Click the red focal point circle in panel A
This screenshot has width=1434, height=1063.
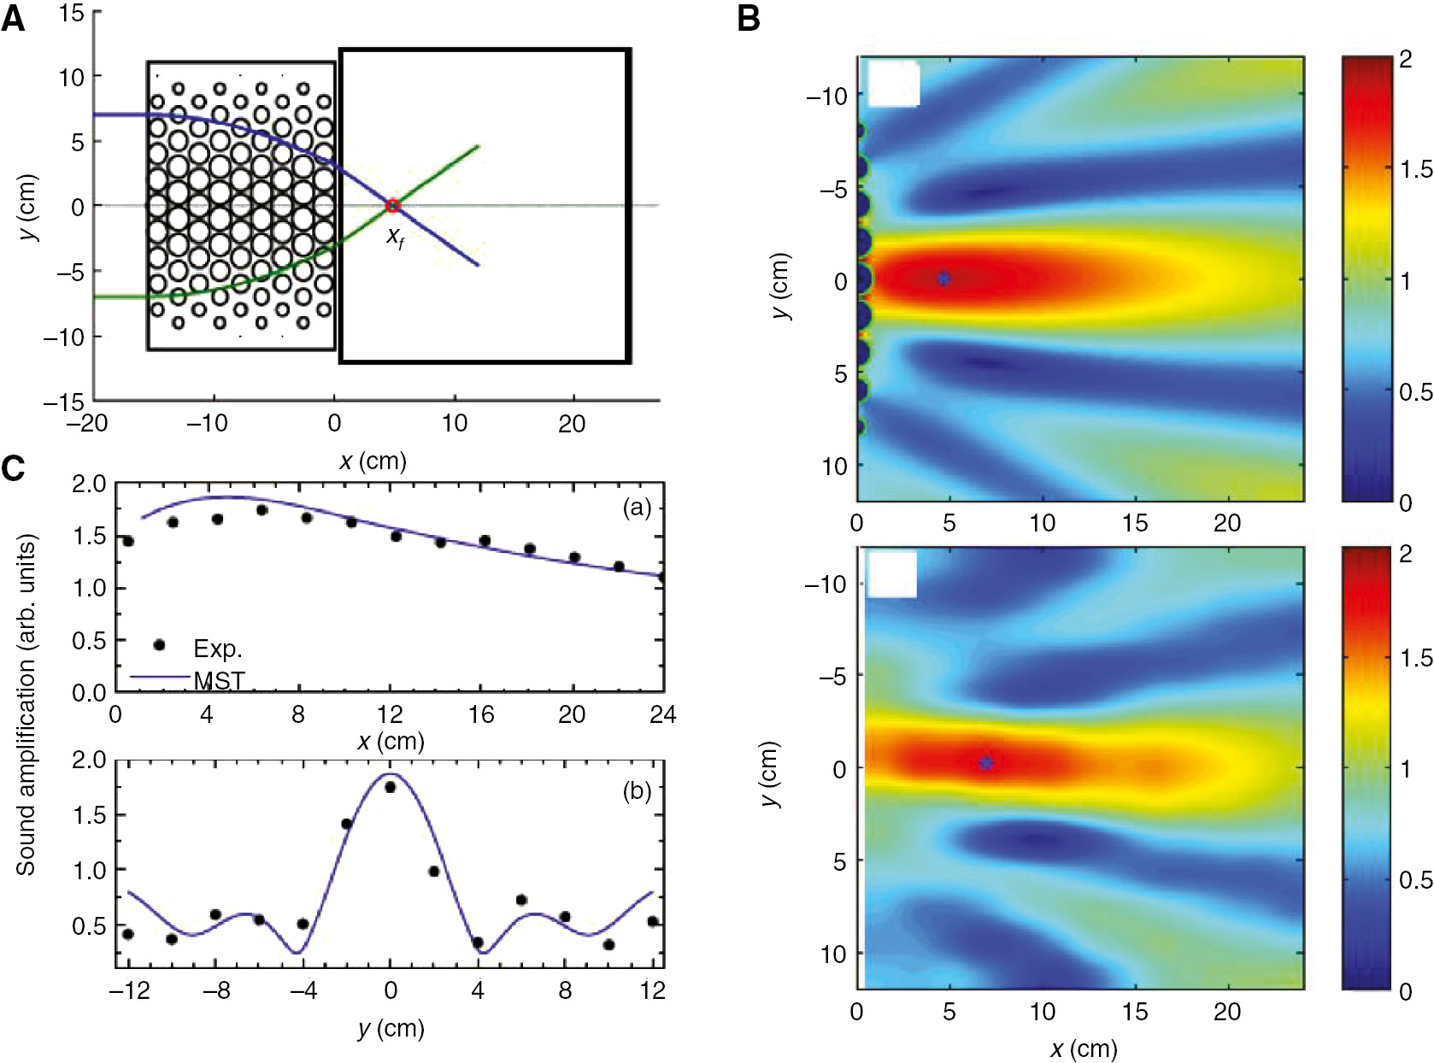coord(392,205)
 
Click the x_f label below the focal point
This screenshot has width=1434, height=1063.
coord(395,237)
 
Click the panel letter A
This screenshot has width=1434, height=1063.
coord(13,19)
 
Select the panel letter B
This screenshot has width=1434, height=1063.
coord(749,19)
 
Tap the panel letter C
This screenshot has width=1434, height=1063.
coord(13,469)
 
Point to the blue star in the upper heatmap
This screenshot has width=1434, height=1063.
coord(943,279)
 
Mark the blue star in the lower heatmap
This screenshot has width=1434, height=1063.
coord(985,763)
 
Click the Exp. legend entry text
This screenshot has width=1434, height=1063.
coord(218,649)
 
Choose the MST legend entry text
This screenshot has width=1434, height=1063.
coord(220,681)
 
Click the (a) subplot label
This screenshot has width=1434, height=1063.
coord(637,508)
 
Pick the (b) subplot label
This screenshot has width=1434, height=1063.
coord(637,791)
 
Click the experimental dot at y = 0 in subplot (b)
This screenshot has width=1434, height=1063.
coord(391,787)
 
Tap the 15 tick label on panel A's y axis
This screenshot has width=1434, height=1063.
coord(72,14)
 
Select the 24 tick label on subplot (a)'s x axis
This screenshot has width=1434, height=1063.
coord(662,714)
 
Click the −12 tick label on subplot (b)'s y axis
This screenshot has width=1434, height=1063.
coord(130,990)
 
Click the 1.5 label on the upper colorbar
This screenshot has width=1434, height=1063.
coord(1415,169)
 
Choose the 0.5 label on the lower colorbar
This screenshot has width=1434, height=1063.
coord(1415,880)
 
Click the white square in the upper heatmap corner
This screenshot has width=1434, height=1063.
coord(893,83)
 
